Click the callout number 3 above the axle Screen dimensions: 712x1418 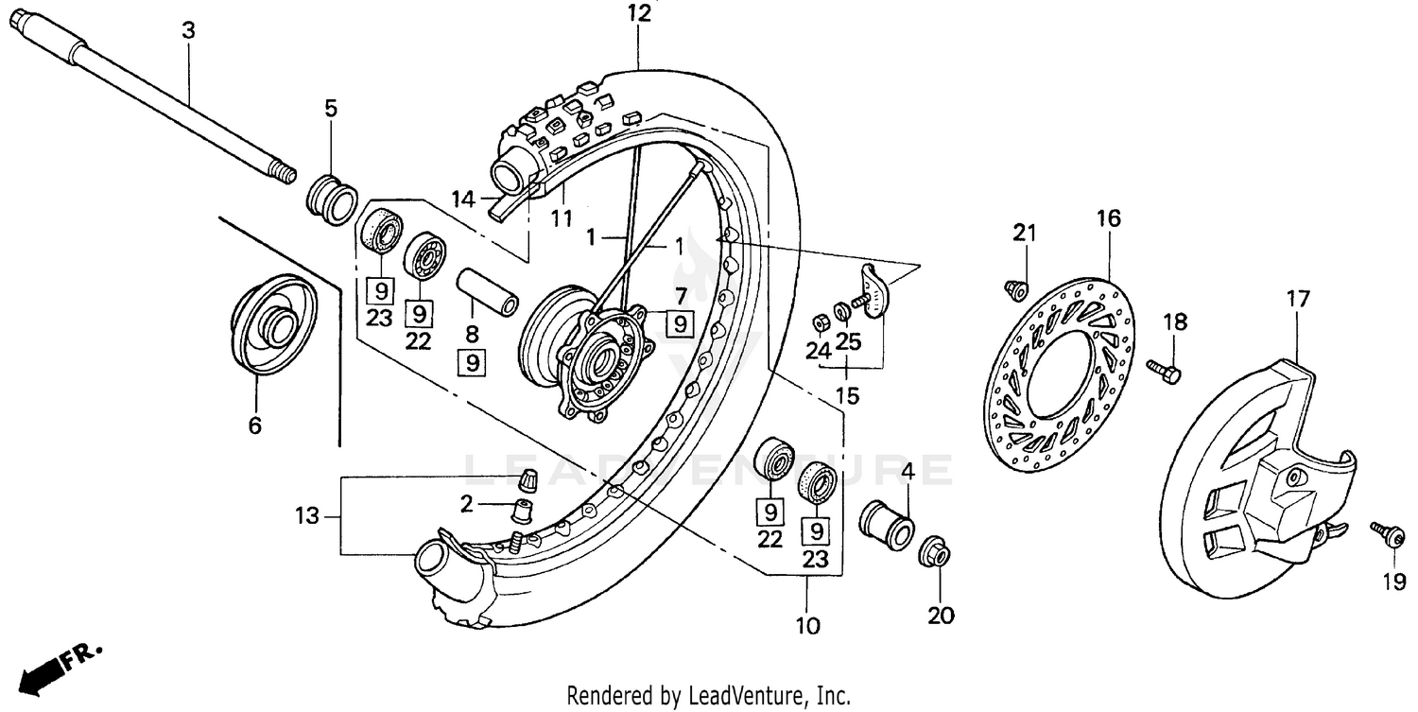coord(188,30)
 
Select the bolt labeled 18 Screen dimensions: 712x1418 coord(1164,371)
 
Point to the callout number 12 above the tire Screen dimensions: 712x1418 coord(639,14)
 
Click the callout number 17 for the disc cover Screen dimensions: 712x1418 coord(1297,300)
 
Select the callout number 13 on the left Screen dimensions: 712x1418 coord(307,516)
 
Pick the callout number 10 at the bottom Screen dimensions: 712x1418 coord(808,625)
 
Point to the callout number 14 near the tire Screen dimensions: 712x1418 coord(462,199)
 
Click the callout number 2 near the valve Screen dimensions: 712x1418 coord(466,504)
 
